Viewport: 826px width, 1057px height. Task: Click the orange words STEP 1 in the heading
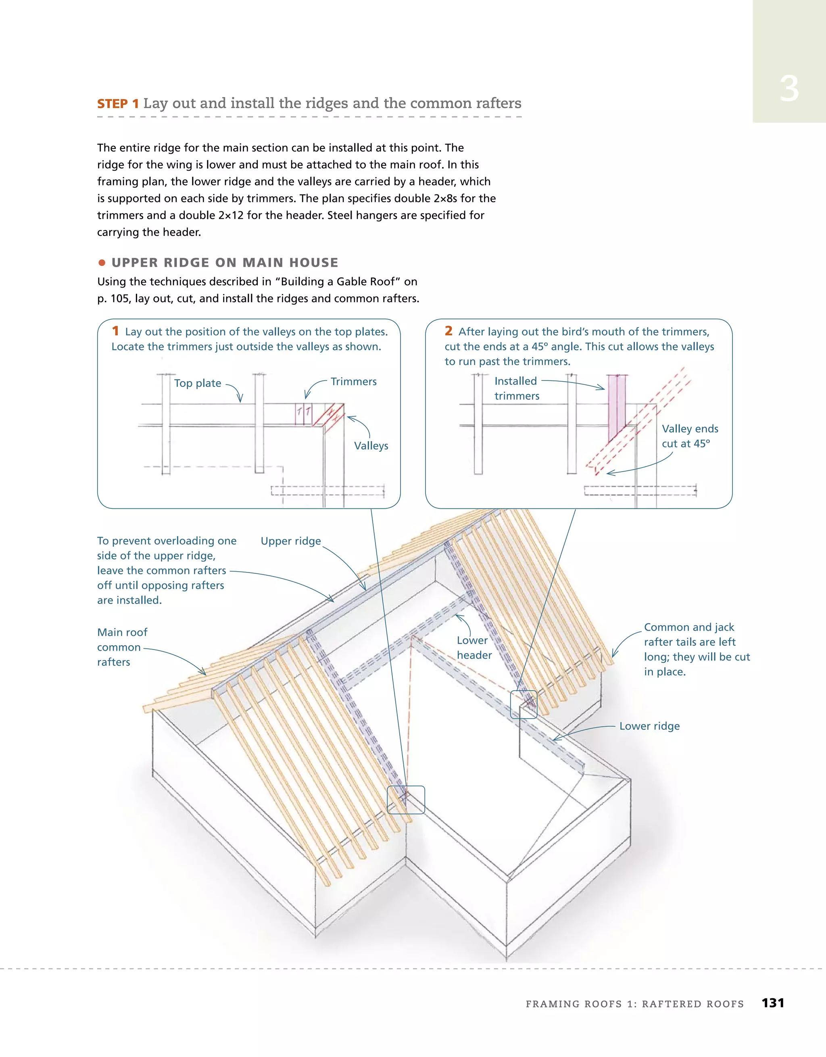[x=118, y=104]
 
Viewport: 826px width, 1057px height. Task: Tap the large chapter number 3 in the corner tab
[x=789, y=90]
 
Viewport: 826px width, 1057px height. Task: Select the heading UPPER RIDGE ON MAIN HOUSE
[x=225, y=262]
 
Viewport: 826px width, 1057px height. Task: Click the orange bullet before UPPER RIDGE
[x=102, y=263]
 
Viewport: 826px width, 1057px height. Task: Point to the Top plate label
[x=198, y=383]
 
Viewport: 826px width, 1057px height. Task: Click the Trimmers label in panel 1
[x=353, y=381]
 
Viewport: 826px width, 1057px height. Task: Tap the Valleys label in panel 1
[x=371, y=446]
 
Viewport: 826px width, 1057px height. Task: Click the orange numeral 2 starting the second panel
[x=448, y=331]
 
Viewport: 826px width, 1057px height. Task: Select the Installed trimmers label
[x=516, y=388]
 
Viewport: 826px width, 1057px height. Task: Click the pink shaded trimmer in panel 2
[x=617, y=407]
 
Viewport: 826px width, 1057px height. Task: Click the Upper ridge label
[x=290, y=541]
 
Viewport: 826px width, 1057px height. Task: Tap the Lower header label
[x=474, y=648]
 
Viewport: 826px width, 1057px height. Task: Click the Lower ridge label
[x=649, y=726]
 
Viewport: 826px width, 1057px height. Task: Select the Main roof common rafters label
[x=122, y=647]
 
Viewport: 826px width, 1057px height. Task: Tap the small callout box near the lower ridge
[x=524, y=704]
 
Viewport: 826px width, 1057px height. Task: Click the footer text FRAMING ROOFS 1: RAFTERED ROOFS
[x=634, y=1004]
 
